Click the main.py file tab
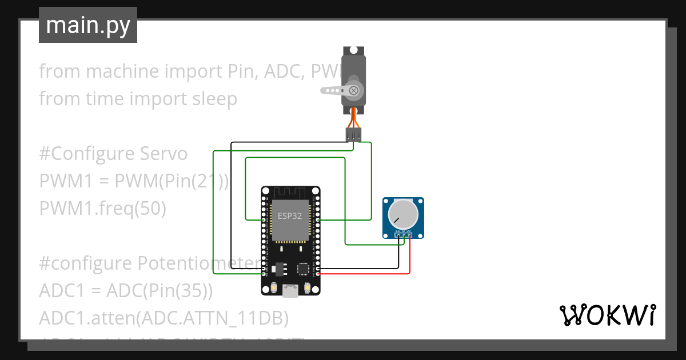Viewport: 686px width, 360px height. point(87,25)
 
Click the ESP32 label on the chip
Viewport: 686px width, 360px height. point(290,216)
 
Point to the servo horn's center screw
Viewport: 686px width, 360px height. point(354,90)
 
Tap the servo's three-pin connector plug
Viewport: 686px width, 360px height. point(353,135)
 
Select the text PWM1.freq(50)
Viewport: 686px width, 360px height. point(102,209)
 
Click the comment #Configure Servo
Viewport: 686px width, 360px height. point(113,154)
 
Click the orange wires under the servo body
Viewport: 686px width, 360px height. point(354,119)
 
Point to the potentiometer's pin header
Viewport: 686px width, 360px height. point(404,234)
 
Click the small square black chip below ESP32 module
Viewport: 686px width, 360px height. point(302,267)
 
